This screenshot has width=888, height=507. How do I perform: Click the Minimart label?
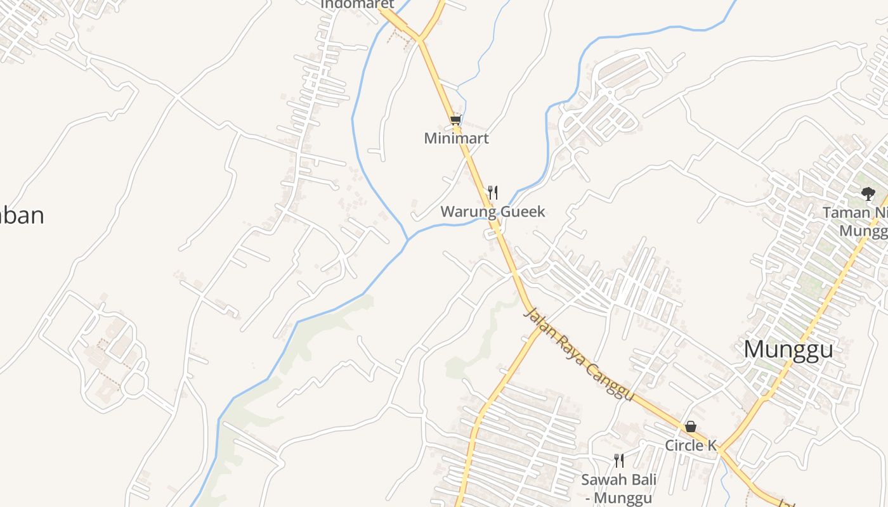[x=457, y=138]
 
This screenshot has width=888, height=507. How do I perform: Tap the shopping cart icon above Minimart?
[x=455, y=120]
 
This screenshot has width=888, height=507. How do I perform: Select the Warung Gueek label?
[x=493, y=211]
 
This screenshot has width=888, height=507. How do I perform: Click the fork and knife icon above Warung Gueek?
[x=492, y=192]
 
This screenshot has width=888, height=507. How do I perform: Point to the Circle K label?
[x=690, y=446]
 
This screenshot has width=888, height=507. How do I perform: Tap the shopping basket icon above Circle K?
[x=690, y=427]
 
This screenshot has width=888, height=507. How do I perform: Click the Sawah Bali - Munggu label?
[x=618, y=488]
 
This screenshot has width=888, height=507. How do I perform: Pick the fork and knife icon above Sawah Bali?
[x=619, y=461]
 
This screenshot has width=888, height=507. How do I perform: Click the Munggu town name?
[x=788, y=349]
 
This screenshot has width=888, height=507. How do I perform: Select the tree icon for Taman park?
[x=868, y=194]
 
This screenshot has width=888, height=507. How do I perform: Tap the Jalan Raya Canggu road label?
[x=578, y=355]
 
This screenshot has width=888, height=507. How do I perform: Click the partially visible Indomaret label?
[x=357, y=4]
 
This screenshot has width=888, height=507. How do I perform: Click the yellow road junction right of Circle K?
[x=719, y=450]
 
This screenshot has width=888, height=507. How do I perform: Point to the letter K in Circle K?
[x=712, y=446]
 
